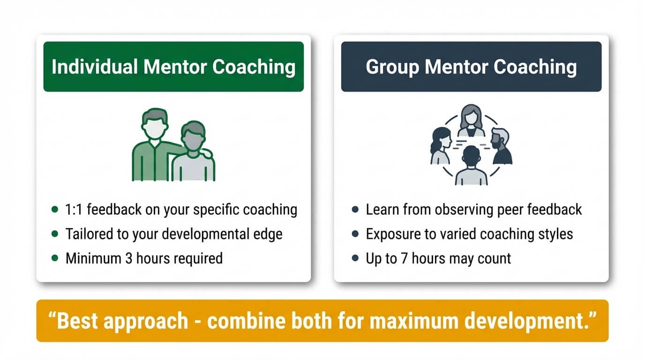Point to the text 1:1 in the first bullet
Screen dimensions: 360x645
pos(74,210)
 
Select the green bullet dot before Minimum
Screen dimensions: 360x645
pos(55,258)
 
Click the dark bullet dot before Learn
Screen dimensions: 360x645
pos(355,210)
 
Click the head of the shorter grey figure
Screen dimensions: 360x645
pos(193,136)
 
